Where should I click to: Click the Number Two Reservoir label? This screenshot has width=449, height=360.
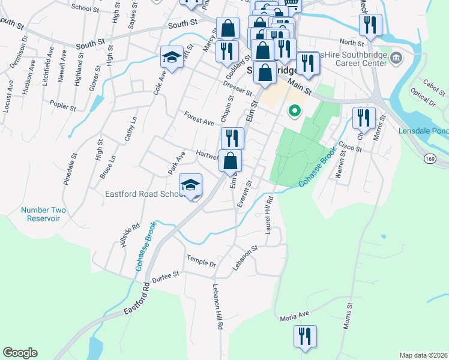tap(43, 214)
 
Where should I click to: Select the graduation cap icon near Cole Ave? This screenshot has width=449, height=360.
tap(172, 58)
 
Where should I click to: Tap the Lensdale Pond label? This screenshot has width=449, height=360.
tap(423, 131)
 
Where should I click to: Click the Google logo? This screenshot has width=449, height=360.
tap(20, 353)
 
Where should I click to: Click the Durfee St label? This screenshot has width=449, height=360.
tap(166, 275)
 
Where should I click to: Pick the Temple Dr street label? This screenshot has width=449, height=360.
tap(200, 263)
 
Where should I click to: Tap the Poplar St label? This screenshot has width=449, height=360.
tap(63, 106)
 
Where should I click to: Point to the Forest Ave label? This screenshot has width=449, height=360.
tap(199, 118)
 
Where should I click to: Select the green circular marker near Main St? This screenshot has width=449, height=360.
tap(294, 110)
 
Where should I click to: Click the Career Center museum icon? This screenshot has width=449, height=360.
tap(396, 58)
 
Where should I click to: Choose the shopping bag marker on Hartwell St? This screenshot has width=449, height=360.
tap(230, 161)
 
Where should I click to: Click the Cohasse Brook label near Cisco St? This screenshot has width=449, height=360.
tap(318, 169)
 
